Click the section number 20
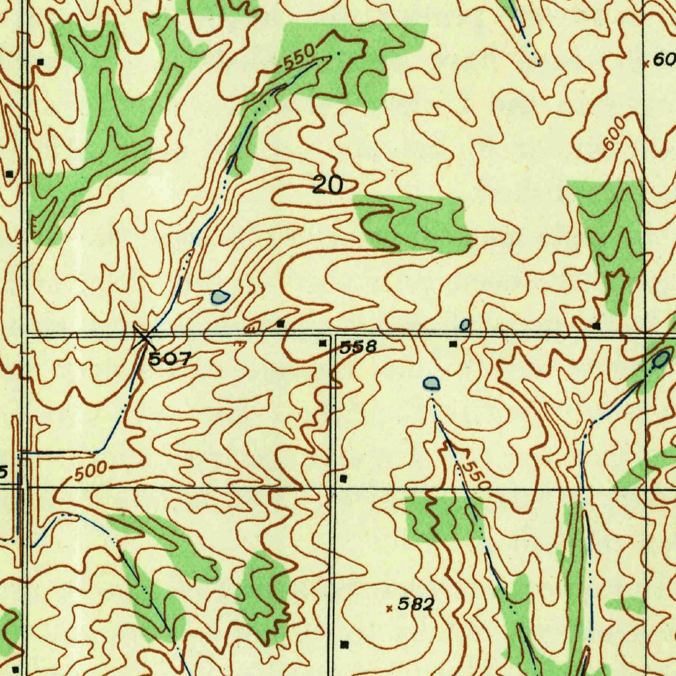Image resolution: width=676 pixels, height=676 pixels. (x=327, y=186)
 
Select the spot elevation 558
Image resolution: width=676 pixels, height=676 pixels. (x=358, y=347)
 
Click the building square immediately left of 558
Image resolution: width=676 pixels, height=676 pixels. (x=323, y=343)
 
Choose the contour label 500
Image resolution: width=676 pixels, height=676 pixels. (x=90, y=472)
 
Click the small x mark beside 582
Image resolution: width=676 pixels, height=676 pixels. (x=389, y=608)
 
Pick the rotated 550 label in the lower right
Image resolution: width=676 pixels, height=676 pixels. (x=475, y=474)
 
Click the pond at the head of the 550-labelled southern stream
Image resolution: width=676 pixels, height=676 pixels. (x=431, y=382)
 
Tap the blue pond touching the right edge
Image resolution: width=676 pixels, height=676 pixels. (x=661, y=360)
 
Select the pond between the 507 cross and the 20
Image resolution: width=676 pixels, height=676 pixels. (x=219, y=297)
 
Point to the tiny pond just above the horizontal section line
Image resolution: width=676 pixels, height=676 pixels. (x=465, y=324)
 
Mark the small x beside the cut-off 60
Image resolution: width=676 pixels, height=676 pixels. (x=646, y=64)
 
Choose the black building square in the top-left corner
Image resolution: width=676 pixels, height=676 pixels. (x=40, y=61)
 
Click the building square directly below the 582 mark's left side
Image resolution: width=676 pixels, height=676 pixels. (x=343, y=643)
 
